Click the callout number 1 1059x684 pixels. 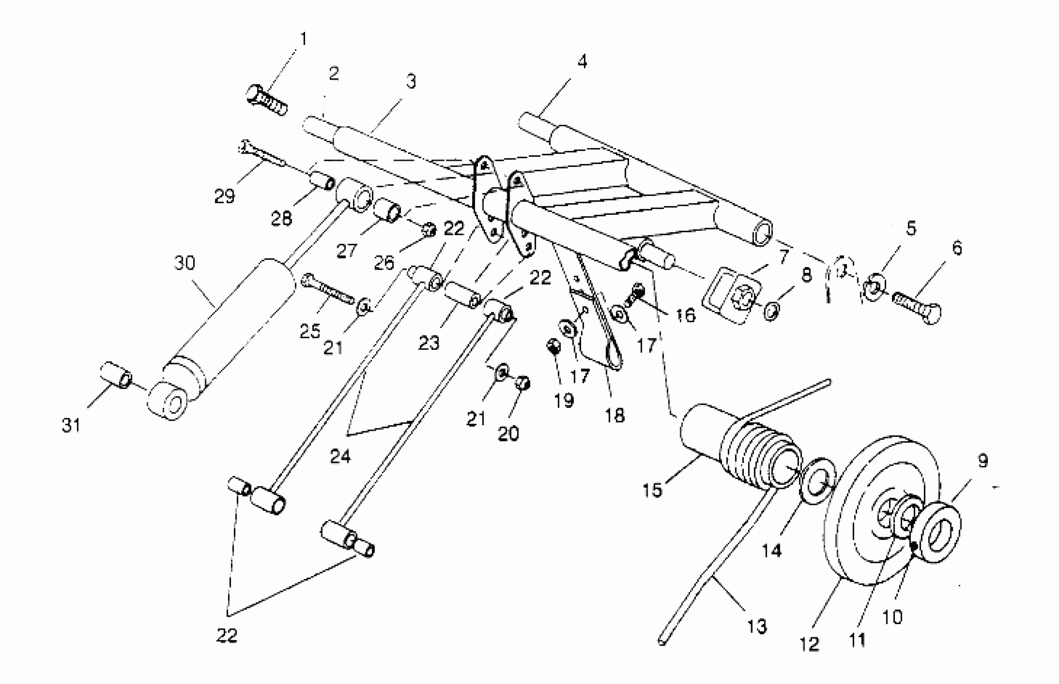click(303, 39)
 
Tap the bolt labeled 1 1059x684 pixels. click(266, 100)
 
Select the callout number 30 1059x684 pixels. click(184, 263)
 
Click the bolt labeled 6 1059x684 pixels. click(917, 306)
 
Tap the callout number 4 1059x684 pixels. click(582, 62)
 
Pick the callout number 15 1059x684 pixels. click(652, 490)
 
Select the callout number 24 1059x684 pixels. click(340, 457)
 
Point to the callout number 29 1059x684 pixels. click(224, 196)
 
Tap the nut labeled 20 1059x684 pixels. click(523, 382)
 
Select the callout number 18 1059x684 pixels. click(615, 416)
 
